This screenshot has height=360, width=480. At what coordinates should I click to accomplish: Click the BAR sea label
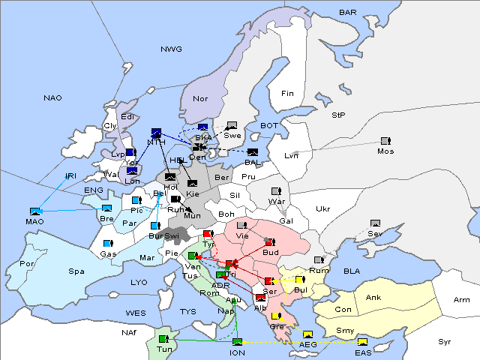click(x=348, y=13)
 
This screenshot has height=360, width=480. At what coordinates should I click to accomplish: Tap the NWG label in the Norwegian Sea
click(x=171, y=49)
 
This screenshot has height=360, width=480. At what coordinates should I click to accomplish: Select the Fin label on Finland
click(x=287, y=93)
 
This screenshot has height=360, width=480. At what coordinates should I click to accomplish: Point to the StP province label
click(x=338, y=115)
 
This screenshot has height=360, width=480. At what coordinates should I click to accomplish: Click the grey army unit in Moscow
click(x=385, y=140)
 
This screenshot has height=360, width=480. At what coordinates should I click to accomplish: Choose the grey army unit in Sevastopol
click(x=375, y=223)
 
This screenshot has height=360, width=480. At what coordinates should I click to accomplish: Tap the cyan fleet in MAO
click(x=34, y=211)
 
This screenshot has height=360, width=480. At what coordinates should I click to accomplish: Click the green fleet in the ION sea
click(x=238, y=342)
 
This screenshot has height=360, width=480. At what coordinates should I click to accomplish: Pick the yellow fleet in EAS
click(x=363, y=342)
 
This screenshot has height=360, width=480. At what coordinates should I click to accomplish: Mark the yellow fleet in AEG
click(x=307, y=334)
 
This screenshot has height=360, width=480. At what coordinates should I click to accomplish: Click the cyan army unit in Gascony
click(x=108, y=244)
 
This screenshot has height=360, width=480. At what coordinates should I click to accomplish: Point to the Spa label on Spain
click(x=76, y=271)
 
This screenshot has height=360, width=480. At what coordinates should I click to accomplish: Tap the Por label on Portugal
click(x=28, y=264)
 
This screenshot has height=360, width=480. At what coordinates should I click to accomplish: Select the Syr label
click(x=445, y=342)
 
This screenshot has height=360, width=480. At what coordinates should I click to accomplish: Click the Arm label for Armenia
click(x=462, y=300)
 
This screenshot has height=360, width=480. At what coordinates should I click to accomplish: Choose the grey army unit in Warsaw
click(x=276, y=190)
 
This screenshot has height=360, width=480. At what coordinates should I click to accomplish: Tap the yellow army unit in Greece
click(x=277, y=316)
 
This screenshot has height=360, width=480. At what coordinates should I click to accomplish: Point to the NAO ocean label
click(x=53, y=97)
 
